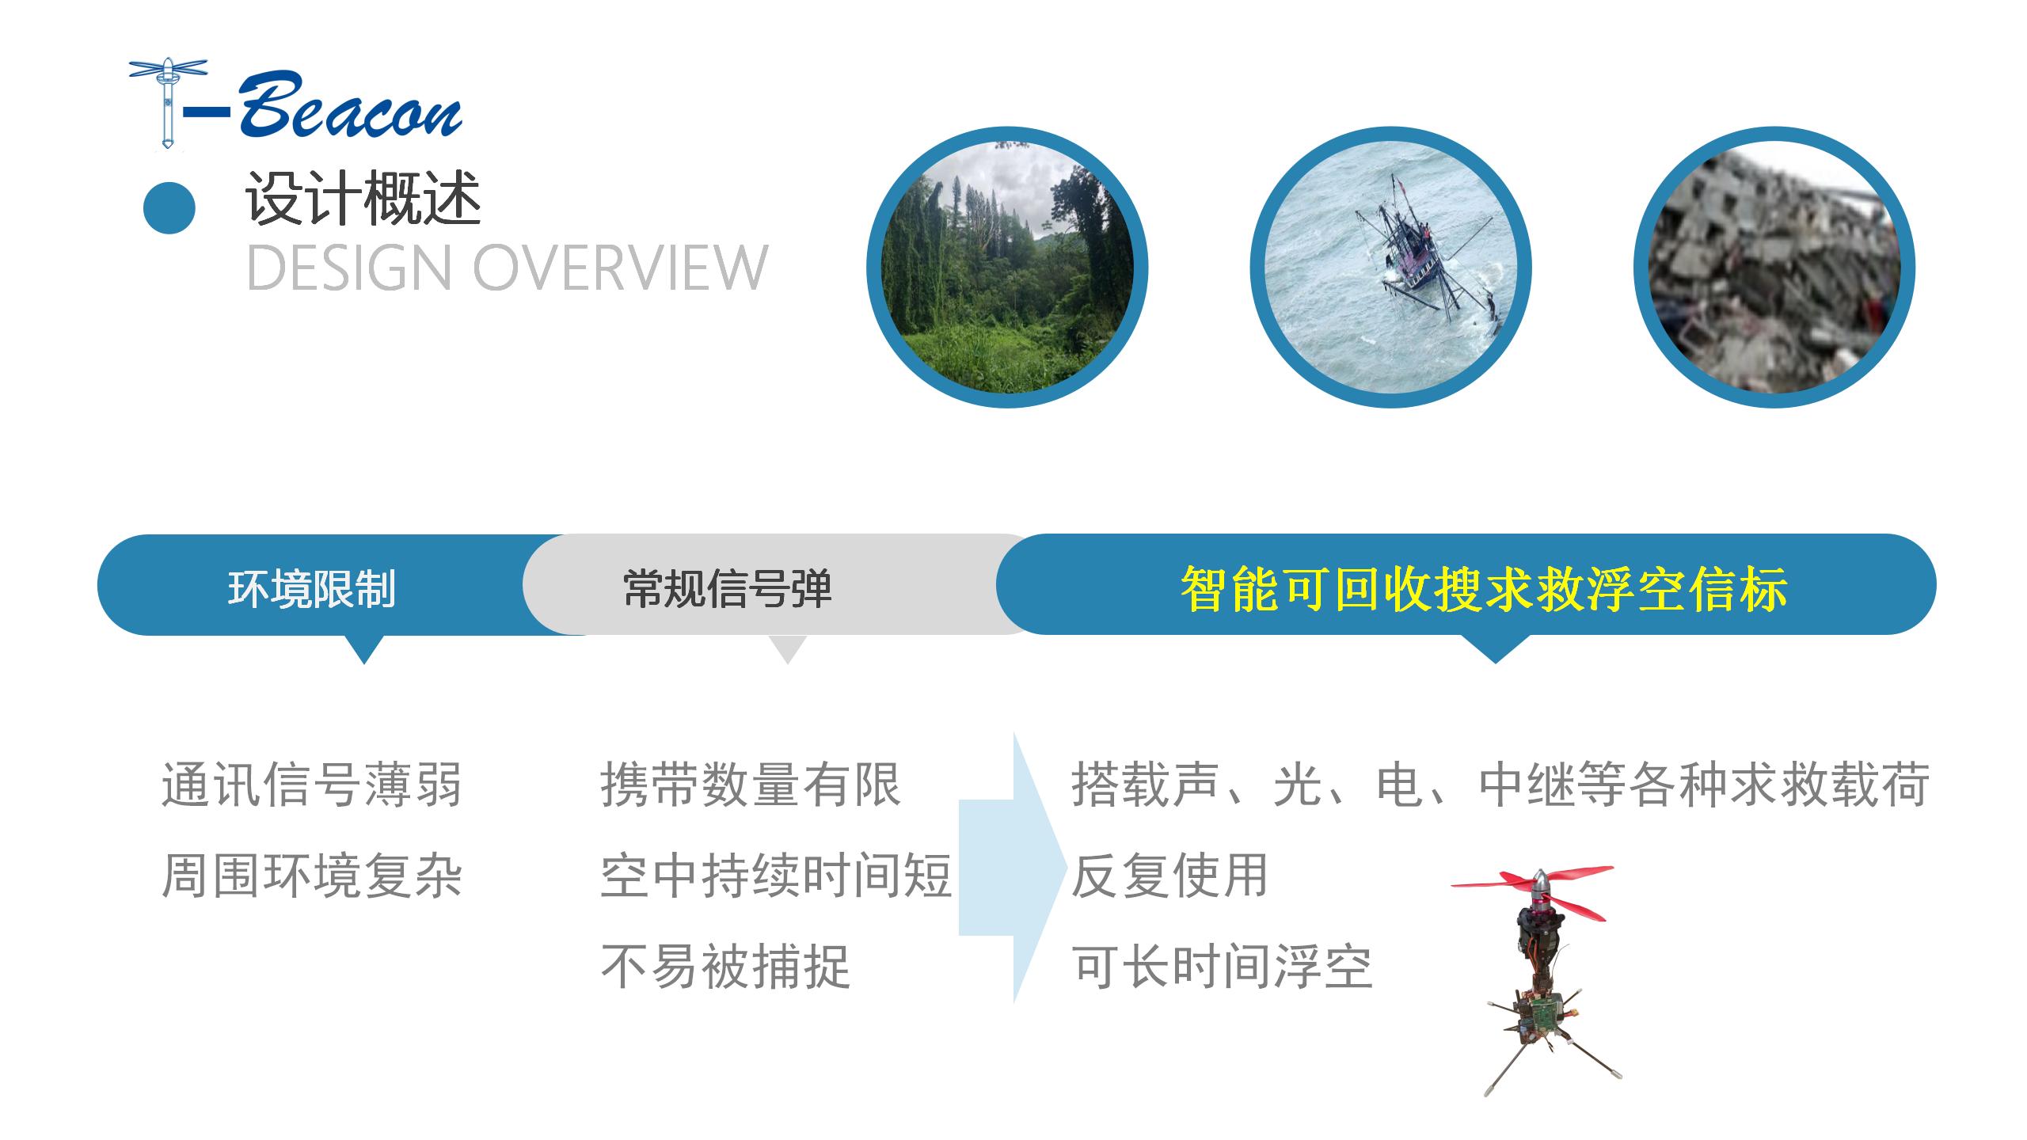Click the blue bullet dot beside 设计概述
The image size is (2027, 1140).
tap(169, 207)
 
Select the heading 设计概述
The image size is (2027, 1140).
tap(363, 199)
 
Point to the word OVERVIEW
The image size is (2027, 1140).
tap(620, 267)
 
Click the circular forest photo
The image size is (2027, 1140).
tap(1007, 267)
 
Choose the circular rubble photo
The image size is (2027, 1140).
tap(1774, 267)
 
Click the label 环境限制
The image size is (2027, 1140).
tap(312, 588)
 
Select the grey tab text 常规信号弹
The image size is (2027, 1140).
tap(728, 588)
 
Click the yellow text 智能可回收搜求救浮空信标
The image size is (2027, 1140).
tap(1484, 588)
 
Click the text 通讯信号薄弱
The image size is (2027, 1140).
tap(312, 785)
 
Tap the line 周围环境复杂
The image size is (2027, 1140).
tap(312, 876)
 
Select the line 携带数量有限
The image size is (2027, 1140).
tap(751, 785)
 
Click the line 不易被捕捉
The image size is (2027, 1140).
tap(725, 967)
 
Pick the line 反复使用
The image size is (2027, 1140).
tap(1170, 876)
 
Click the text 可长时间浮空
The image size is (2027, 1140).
tap(1222, 967)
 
